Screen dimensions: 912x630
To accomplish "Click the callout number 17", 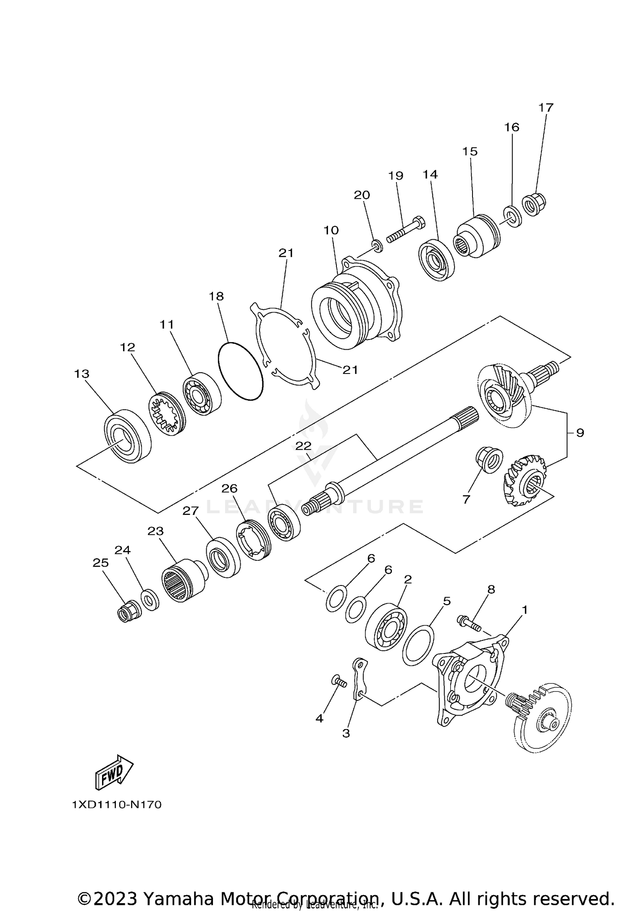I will coord(546,108).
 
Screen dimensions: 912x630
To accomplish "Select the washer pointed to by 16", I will coord(512,217).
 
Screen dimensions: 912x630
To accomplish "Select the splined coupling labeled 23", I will coord(182,580).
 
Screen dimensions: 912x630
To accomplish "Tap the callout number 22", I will coord(303,446).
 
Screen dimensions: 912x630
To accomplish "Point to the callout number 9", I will coord(580,433).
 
